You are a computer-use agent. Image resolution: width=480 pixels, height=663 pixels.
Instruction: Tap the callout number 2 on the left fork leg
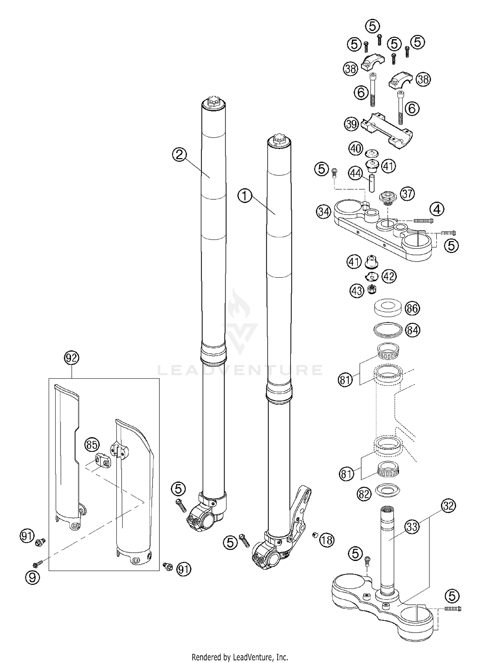coord(179,155)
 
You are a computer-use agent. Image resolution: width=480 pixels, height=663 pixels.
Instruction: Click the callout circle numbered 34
coord(324,212)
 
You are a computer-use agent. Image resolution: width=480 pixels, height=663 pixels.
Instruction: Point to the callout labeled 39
coord(351,124)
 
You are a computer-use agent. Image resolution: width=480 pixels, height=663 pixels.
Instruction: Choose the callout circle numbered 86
coord(412,308)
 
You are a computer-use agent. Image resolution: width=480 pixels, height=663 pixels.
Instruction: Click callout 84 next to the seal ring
coord(412,330)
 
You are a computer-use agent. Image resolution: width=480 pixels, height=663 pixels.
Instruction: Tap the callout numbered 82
coord(364,494)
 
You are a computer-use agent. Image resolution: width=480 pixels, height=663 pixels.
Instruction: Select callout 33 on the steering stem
coord(412,526)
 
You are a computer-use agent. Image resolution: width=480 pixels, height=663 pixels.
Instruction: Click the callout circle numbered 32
coord(448,506)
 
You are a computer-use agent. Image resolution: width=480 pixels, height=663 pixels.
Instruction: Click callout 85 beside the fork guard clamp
coord(92,445)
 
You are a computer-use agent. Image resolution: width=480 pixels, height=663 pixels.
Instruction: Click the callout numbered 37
coord(407,194)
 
